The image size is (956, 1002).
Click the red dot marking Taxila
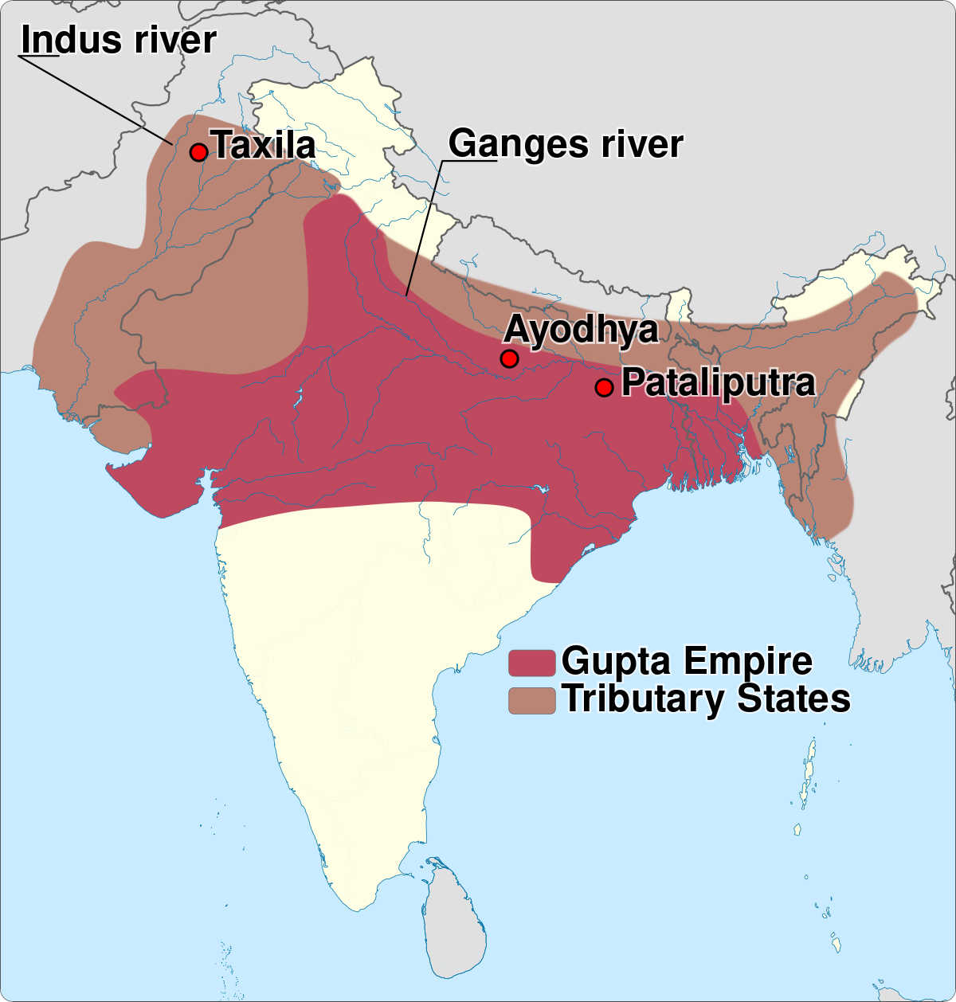click(x=198, y=152)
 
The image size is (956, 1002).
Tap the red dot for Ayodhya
click(x=509, y=358)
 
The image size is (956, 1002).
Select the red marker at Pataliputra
click(x=604, y=388)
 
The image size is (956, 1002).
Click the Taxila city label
click(x=264, y=146)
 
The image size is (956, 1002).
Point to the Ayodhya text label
click(x=582, y=330)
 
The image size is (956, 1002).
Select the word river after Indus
click(x=175, y=40)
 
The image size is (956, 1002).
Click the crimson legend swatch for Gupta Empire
click(x=531, y=663)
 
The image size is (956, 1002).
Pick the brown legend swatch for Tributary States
click(x=531, y=700)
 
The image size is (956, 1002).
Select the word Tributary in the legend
click(x=645, y=699)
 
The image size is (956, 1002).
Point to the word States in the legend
click(x=793, y=699)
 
